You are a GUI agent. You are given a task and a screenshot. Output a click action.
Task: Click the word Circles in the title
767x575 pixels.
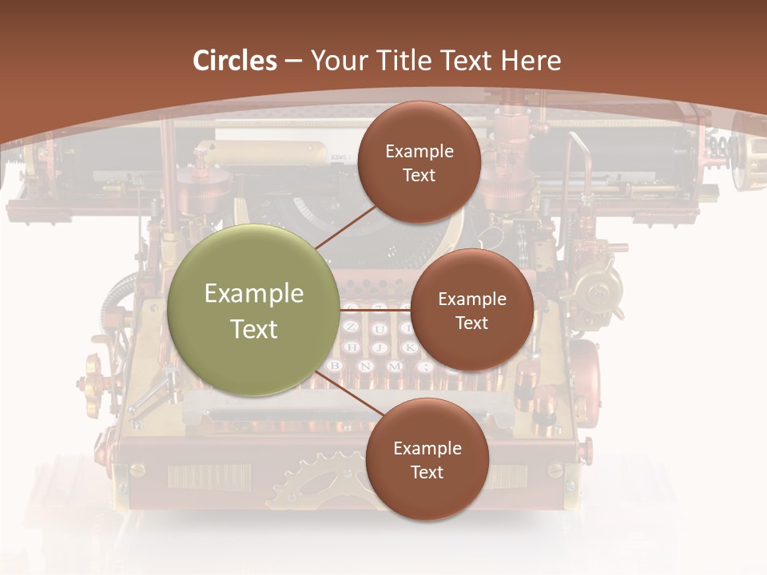point(235,61)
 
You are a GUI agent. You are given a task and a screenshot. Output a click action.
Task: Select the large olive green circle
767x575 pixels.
point(253,310)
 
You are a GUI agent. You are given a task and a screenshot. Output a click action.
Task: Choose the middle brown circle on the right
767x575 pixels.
point(471,310)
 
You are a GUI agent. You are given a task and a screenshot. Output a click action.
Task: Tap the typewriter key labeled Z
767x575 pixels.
point(350,327)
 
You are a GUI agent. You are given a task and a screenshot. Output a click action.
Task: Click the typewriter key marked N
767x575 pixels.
point(365,367)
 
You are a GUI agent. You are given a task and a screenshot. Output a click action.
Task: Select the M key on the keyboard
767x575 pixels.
point(395,367)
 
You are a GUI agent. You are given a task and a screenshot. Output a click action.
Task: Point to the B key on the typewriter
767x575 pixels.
point(336,367)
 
